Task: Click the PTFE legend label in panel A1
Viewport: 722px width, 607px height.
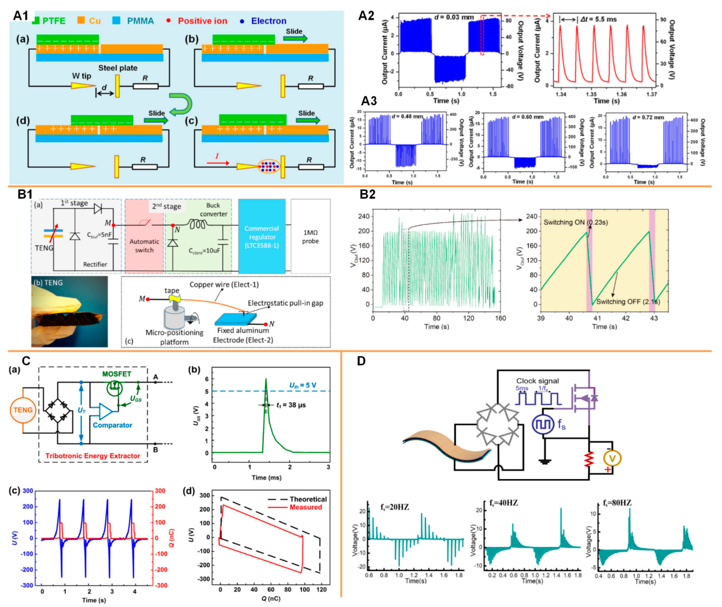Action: [x=54, y=21]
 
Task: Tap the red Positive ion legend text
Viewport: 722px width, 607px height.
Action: [x=202, y=21]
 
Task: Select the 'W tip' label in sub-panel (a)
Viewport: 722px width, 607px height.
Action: [x=81, y=76]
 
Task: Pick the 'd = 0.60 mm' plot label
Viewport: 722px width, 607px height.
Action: [x=528, y=117]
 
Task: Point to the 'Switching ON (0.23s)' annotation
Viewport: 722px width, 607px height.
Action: [x=575, y=222]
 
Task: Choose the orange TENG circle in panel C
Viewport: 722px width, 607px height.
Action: [x=23, y=410]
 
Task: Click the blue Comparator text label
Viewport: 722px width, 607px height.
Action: [x=112, y=425]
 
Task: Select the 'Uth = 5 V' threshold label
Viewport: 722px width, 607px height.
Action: [x=302, y=385]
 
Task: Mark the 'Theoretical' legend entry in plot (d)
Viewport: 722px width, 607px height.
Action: [x=308, y=499]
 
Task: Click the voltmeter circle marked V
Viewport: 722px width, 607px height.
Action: [x=612, y=458]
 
